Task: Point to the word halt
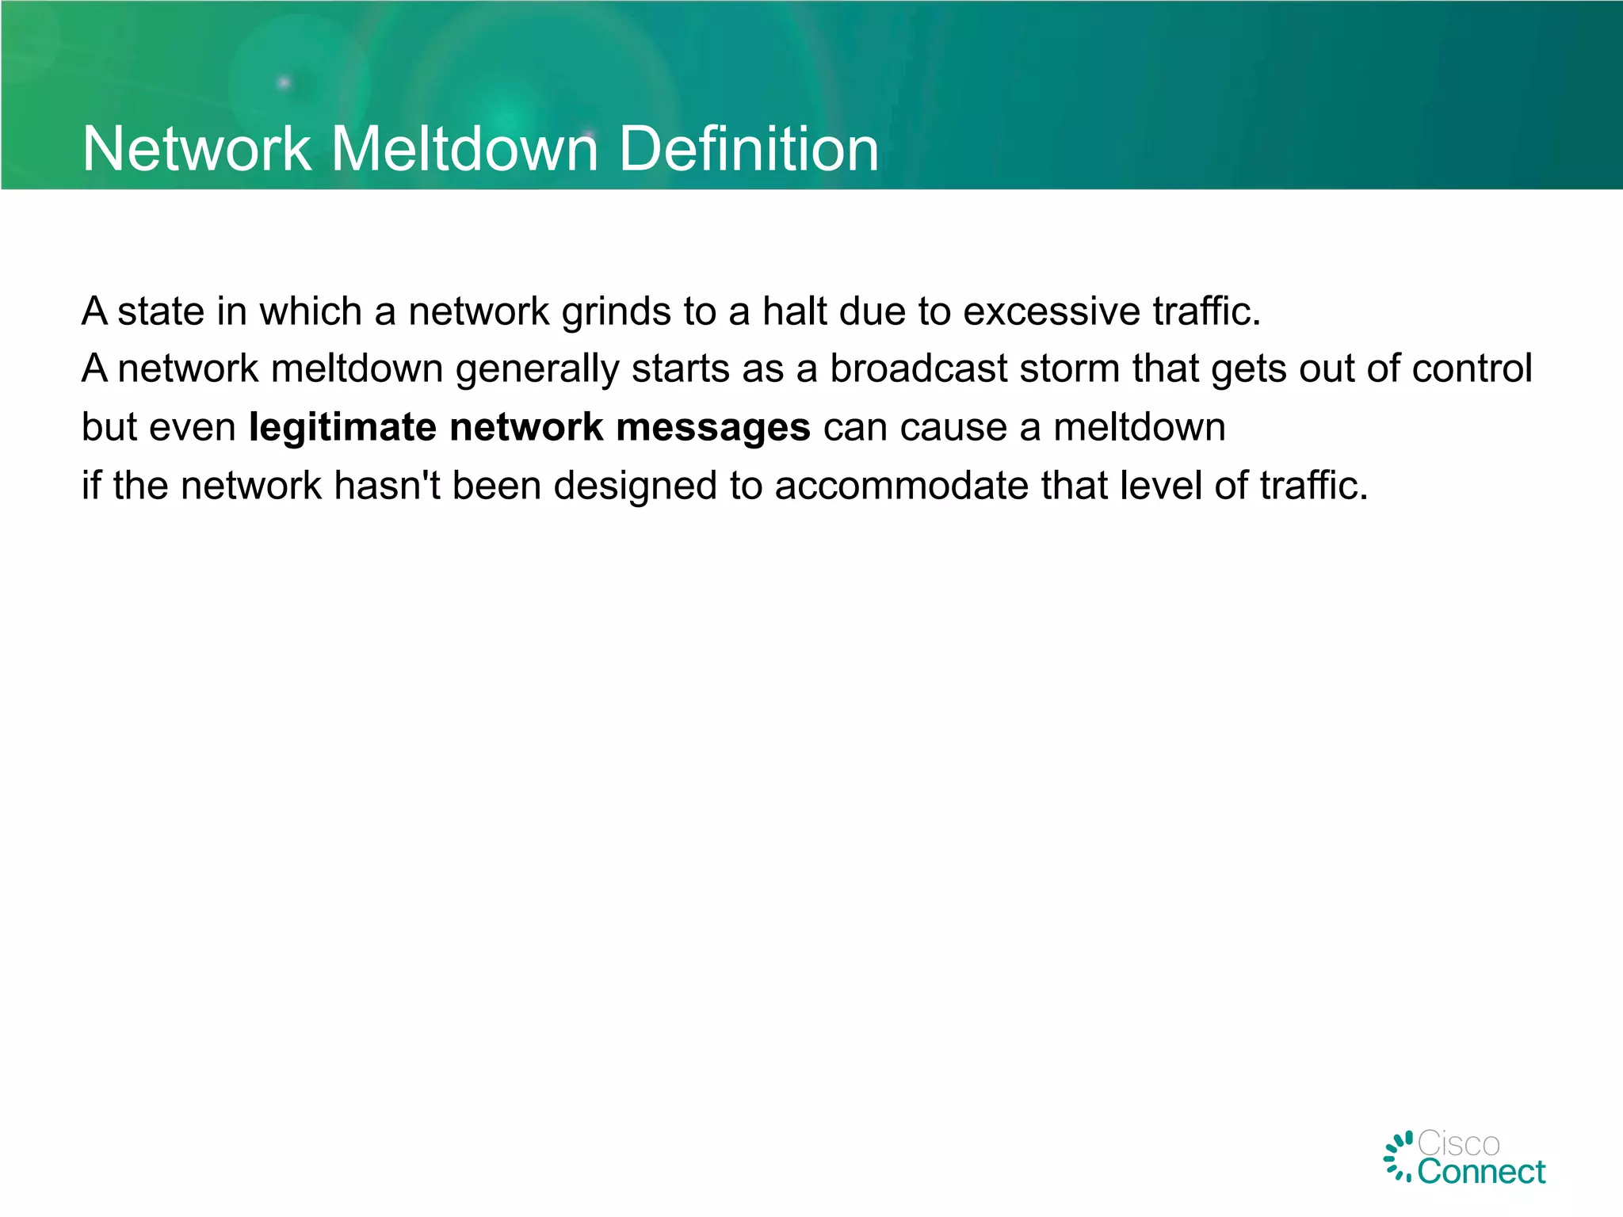coord(795,311)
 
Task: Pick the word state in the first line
coord(161,311)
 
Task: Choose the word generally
coord(537,370)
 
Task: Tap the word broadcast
coord(918,368)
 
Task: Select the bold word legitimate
coord(342,428)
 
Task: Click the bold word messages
coord(713,428)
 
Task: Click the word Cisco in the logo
coord(1458,1144)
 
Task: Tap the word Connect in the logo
coord(1481,1172)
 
